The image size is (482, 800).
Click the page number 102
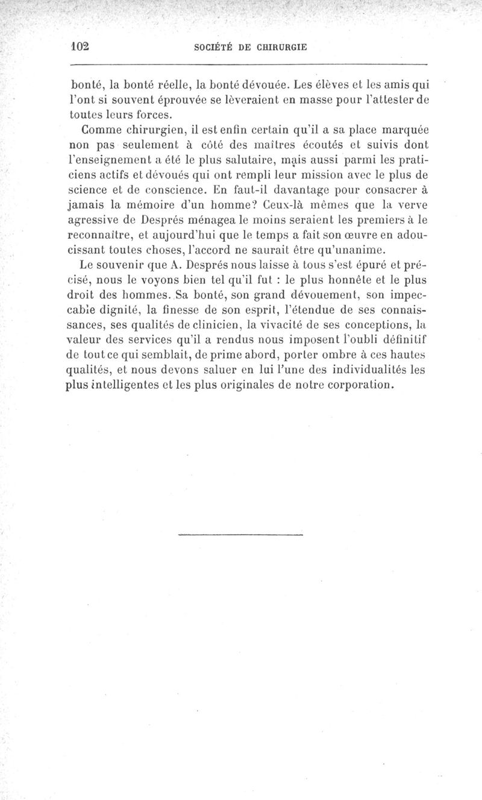click(80, 46)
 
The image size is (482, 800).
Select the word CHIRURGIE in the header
click(280, 47)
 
